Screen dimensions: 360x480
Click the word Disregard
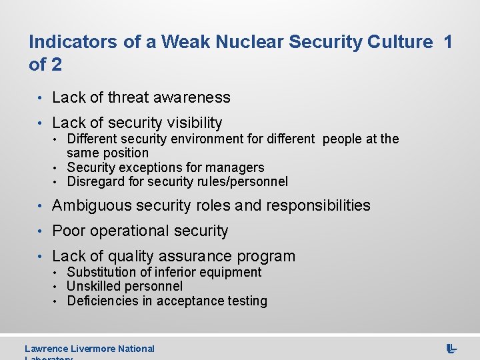(x=96, y=181)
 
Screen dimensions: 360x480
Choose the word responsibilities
(x=318, y=205)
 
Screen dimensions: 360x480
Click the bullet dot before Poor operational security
(x=41, y=231)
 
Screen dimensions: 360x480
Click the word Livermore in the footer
(x=93, y=348)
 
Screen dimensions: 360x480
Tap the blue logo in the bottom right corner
(x=451, y=348)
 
